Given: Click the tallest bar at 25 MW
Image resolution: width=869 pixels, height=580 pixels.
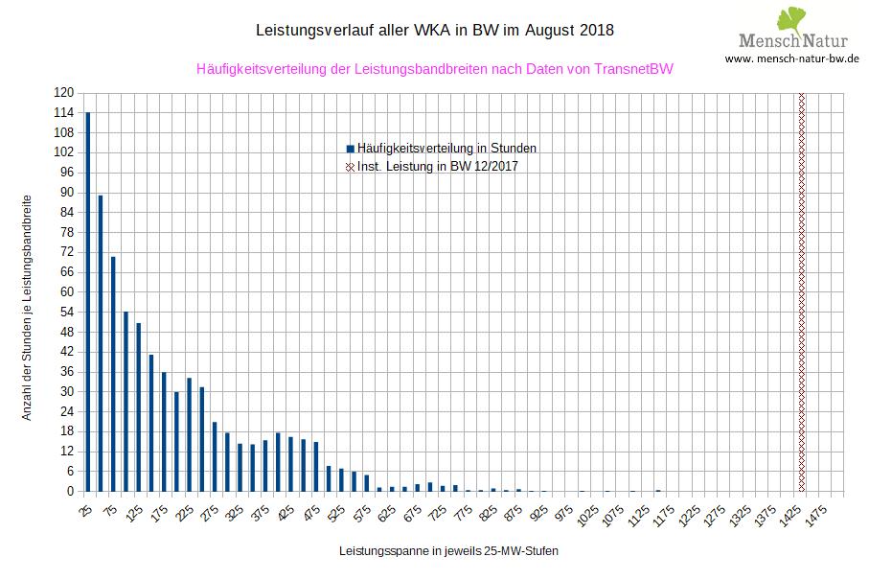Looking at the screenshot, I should point(88,302).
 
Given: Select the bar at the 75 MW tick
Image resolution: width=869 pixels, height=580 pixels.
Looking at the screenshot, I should point(113,374).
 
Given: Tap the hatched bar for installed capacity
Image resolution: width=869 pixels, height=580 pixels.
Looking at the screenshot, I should point(801,292).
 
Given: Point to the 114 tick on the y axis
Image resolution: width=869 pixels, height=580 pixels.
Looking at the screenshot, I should point(64,113).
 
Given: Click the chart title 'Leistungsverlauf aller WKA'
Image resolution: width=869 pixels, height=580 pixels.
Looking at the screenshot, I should point(435,31).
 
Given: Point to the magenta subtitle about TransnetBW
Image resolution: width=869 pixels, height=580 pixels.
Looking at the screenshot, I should point(434,69).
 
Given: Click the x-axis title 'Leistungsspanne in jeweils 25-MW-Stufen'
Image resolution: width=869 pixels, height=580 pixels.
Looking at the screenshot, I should point(448,552).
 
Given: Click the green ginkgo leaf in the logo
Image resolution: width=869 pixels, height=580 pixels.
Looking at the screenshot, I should point(793,18).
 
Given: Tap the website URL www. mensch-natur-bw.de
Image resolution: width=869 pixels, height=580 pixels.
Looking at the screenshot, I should point(791,58).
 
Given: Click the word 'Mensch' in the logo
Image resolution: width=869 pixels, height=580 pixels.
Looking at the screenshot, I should point(768,40).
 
